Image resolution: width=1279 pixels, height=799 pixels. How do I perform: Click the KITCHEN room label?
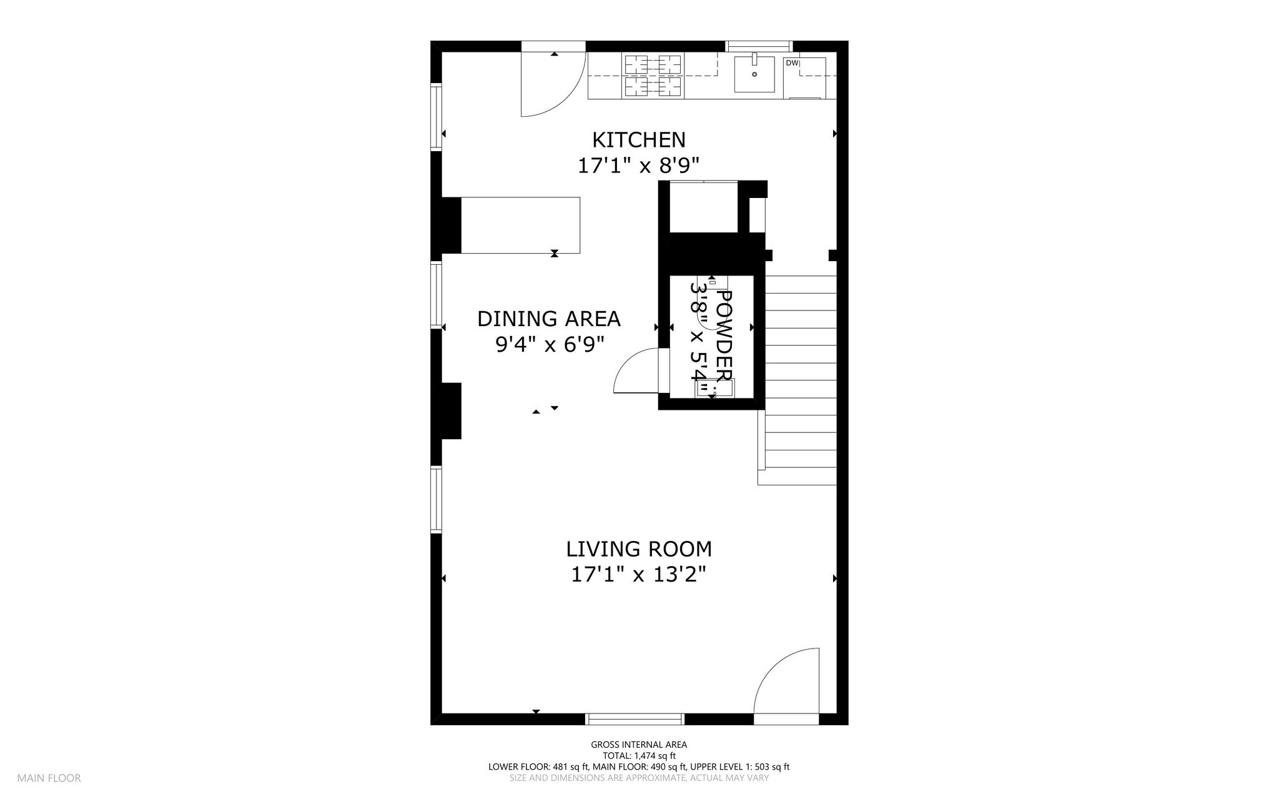pos(639,139)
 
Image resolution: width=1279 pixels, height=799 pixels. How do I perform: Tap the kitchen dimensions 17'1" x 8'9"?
pos(638,166)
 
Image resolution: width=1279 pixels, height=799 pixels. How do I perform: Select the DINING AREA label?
pos(549,319)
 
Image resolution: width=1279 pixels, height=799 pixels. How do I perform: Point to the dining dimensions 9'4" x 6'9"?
pos(550,344)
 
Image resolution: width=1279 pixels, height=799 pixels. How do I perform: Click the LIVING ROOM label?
pos(639,549)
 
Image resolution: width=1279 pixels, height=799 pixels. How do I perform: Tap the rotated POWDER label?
pos(723,336)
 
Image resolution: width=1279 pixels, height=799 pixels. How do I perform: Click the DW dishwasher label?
pos(791,63)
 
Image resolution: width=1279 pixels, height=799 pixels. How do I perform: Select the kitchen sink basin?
pos(754,74)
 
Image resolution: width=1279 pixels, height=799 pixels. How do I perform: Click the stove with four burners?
pos(653,76)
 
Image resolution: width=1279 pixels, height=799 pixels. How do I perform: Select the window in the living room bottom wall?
pos(635,719)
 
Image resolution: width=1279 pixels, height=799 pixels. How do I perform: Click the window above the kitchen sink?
pos(759,46)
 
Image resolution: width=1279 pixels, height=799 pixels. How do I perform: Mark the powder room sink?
pos(716,388)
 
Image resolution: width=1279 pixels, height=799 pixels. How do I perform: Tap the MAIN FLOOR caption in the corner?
pos(49,778)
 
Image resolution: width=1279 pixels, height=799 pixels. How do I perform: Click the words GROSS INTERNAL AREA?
pos(639,745)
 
